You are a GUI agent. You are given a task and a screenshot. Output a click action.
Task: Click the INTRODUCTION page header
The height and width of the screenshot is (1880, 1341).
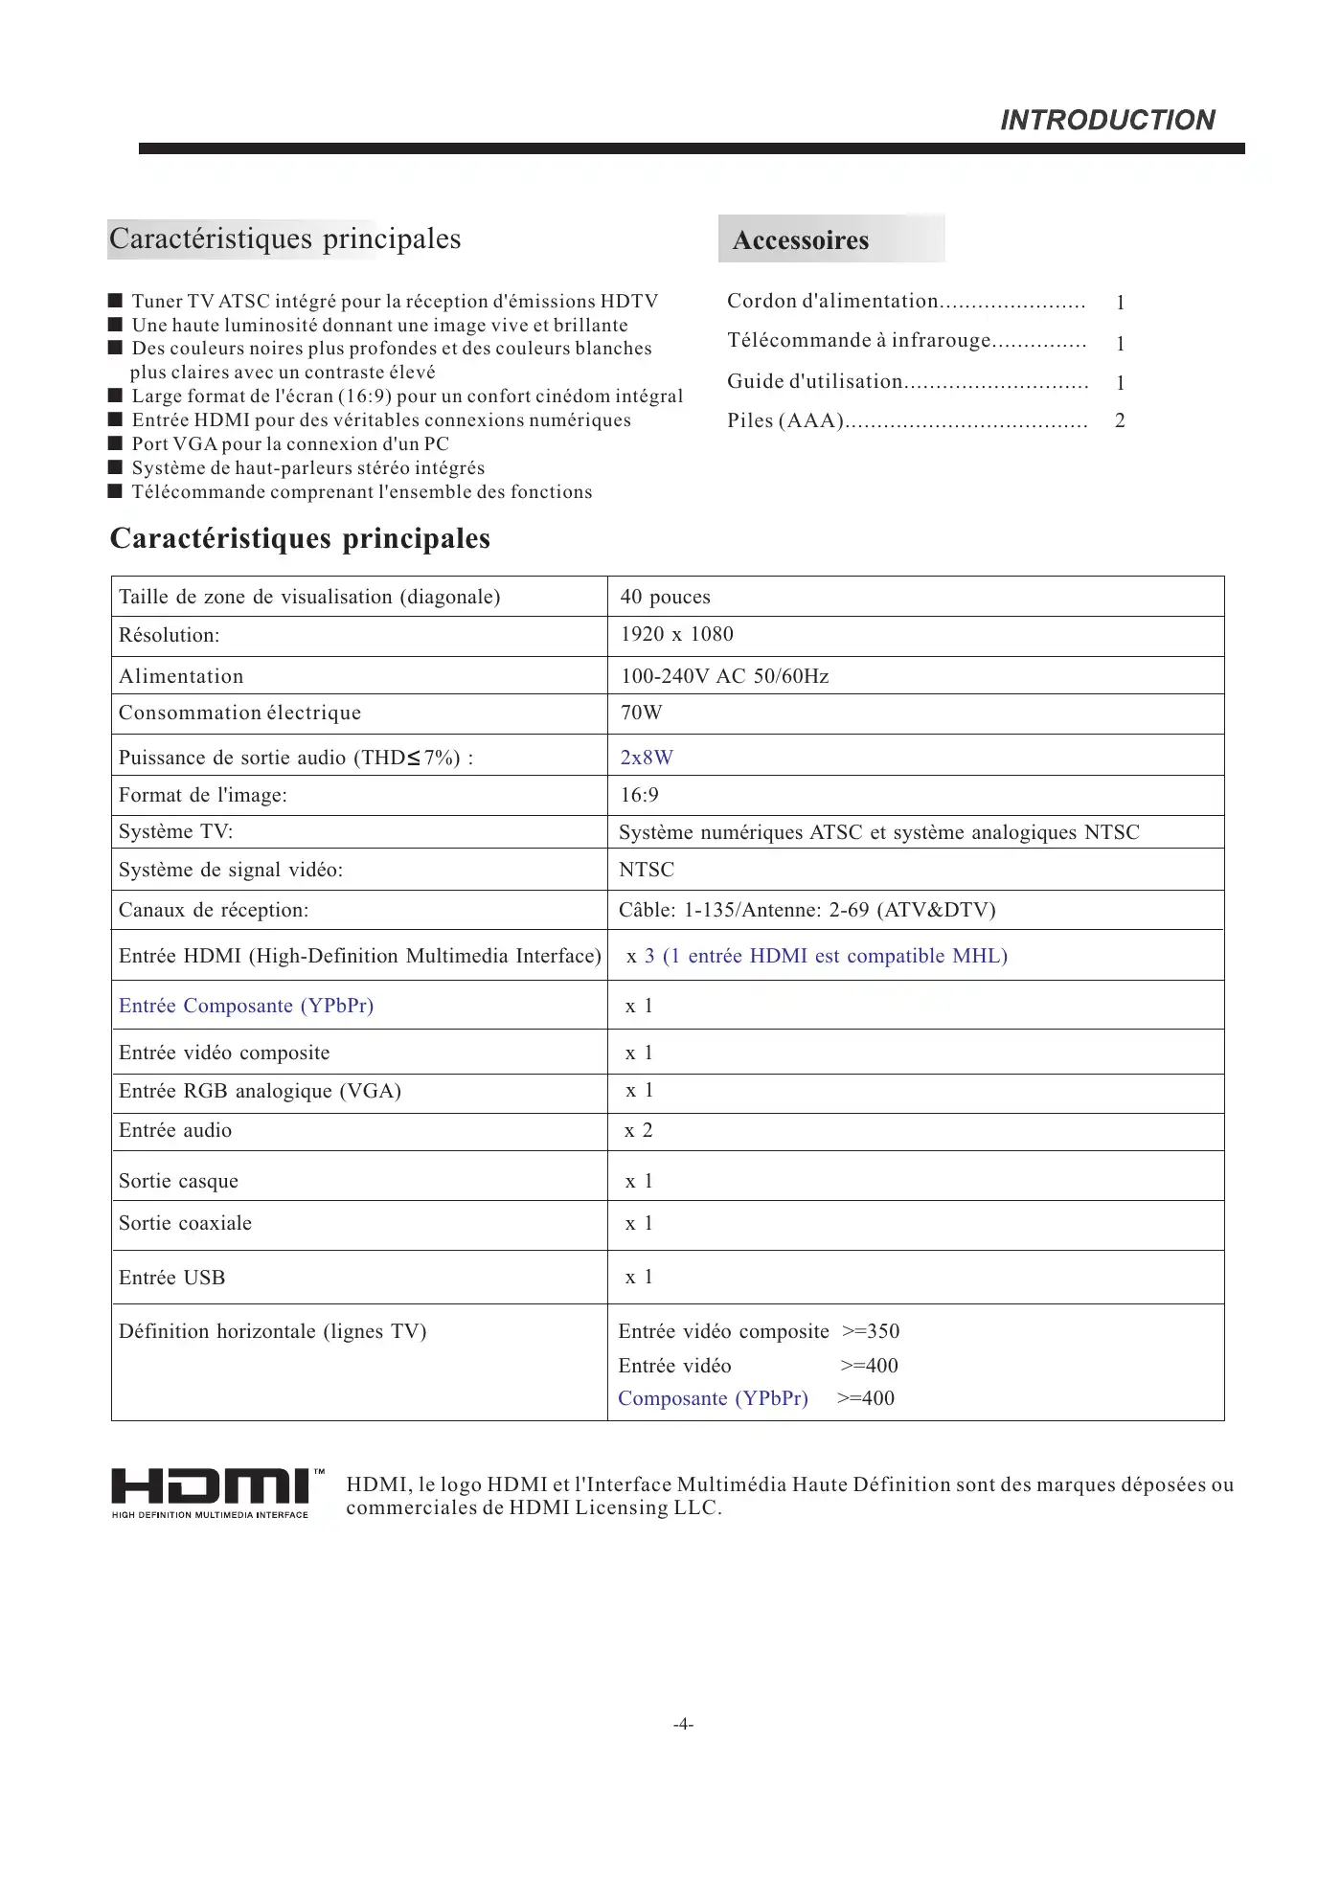tap(1107, 120)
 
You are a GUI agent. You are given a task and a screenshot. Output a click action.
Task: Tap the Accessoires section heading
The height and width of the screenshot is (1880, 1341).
tap(801, 239)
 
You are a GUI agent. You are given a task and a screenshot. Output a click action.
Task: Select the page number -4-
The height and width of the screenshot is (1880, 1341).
tap(683, 1725)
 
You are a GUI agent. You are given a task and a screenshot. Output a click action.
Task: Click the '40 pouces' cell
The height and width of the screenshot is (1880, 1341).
tap(665, 597)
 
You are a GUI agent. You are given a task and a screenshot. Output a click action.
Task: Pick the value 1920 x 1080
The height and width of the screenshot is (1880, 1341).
tap(676, 634)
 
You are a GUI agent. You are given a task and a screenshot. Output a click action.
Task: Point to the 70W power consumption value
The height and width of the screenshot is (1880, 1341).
tap(641, 713)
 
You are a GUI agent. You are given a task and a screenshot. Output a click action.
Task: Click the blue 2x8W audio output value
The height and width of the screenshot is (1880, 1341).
tap(647, 758)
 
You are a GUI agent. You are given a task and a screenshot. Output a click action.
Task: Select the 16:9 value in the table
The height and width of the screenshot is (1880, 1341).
tap(639, 795)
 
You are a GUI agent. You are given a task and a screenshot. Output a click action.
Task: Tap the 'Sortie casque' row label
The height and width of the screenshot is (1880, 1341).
tap(178, 1181)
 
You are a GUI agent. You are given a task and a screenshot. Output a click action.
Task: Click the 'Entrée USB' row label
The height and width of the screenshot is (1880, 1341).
tap(171, 1278)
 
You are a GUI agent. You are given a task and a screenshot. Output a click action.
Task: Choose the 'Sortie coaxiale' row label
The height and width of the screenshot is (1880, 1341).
tap(185, 1223)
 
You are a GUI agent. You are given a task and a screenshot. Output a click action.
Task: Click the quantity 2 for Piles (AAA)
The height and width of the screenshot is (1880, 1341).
tap(1120, 420)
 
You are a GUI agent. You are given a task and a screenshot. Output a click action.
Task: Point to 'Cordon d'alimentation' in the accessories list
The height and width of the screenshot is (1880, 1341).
tap(832, 301)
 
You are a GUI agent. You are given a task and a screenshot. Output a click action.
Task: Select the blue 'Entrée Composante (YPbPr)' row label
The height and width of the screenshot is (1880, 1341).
tap(246, 1006)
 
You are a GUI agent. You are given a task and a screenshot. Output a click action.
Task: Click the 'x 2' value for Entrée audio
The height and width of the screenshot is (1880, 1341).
tap(639, 1130)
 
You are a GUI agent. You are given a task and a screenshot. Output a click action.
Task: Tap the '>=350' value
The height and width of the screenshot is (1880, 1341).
tap(871, 1331)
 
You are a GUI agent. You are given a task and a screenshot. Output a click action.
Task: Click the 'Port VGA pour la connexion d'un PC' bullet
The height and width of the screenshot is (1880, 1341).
tap(290, 443)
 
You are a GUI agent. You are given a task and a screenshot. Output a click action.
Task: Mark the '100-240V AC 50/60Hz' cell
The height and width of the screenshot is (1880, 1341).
tap(724, 676)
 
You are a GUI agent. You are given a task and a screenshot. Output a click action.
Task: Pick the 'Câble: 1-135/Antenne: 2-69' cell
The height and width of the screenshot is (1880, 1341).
tap(807, 910)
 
